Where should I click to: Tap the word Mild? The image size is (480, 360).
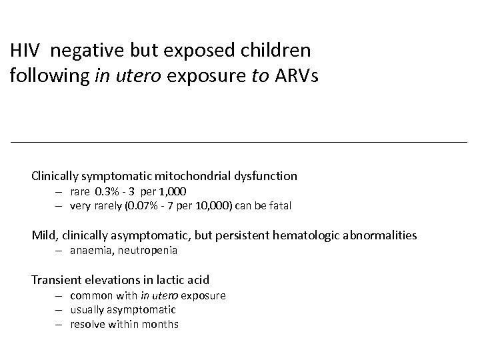coord(43,235)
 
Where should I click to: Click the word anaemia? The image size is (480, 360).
coord(89,251)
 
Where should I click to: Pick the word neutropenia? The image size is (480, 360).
coord(147,251)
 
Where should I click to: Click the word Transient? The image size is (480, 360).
coord(57,279)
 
